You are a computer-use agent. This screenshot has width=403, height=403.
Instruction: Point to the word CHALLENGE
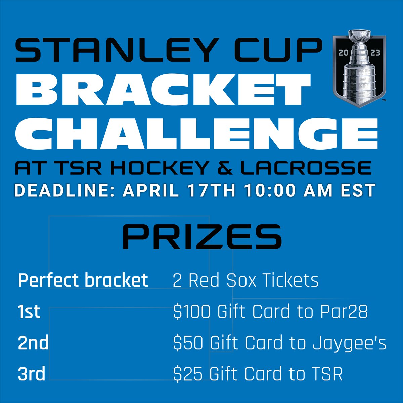pyautogui.click(x=196, y=134)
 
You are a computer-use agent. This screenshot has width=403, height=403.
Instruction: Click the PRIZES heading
pyautogui.click(x=202, y=237)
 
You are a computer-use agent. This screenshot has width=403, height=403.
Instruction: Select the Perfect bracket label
pyautogui.click(x=83, y=280)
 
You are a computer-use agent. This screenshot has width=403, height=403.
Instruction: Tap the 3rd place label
pyautogui.click(x=32, y=374)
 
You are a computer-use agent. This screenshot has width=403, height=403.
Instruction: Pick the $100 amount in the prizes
pyautogui.click(x=191, y=312)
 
